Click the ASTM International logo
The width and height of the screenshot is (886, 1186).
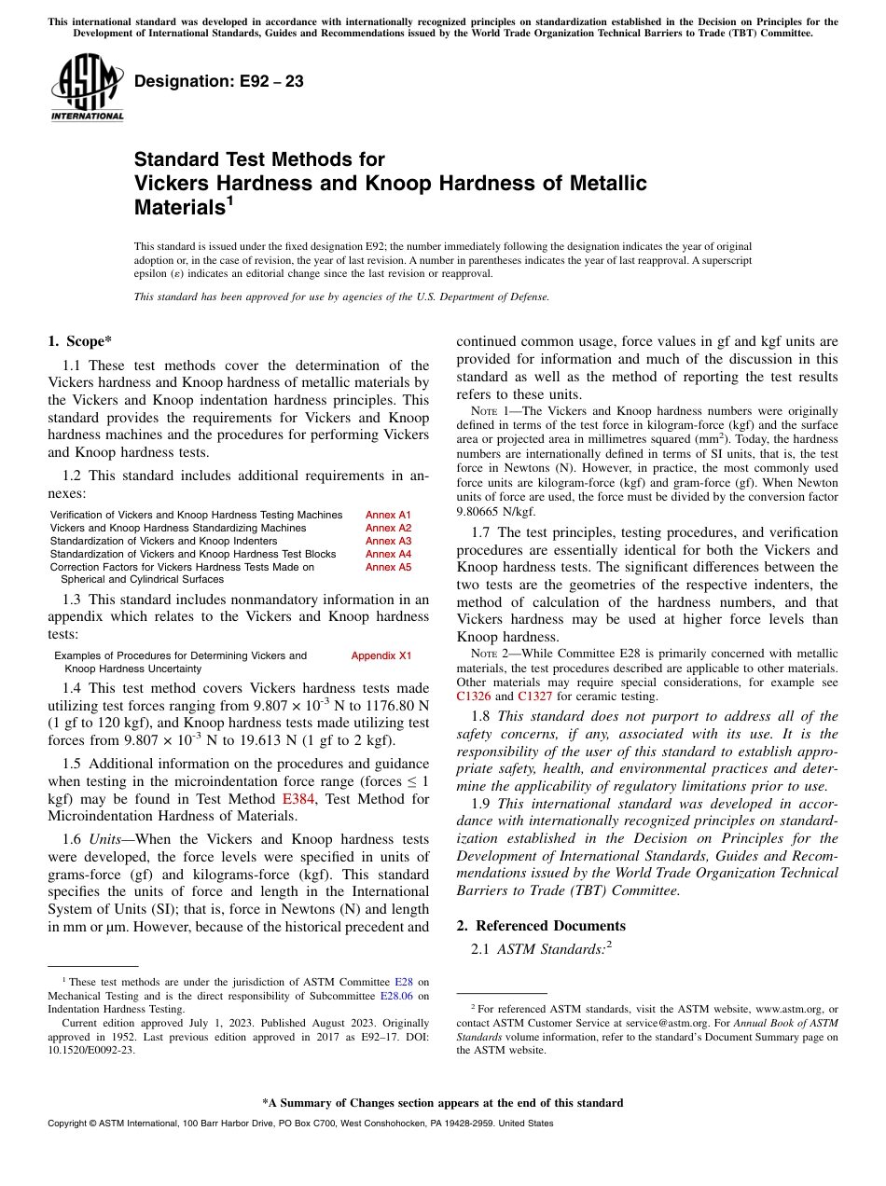87,89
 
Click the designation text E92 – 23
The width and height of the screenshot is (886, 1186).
219,81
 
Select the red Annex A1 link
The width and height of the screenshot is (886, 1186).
388,515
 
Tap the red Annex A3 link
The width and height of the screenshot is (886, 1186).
388,541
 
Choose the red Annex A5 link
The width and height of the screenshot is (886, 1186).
388,567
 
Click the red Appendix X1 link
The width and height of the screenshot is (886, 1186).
381,655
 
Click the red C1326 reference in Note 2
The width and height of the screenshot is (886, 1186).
474,696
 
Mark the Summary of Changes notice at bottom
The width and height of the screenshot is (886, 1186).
442,1103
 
